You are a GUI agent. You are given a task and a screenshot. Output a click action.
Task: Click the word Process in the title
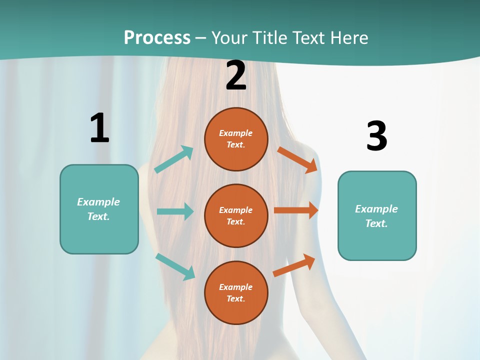pyautogui.click(x=157, y=37)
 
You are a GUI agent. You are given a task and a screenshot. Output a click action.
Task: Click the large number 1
pyautogui.click(x=99, y=128)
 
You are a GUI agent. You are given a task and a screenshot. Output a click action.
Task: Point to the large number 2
pyautogui.click(x=236, y=75)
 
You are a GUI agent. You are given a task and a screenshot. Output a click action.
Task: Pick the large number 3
pyautogui.click(x=376, y=136)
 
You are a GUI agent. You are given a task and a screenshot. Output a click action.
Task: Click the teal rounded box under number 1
pyautogui.click(x=99, y=209)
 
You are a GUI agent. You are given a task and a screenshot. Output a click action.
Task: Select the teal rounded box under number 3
pyautogui.click(x=377, y=216)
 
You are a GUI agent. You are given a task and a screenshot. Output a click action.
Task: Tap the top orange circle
pyautogui.click(x=236, y=139)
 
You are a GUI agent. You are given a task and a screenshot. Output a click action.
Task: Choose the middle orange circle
pyautogui.click(x=236, y=216)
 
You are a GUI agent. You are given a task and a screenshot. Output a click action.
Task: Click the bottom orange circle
pyautogui.click(x=236, y=292)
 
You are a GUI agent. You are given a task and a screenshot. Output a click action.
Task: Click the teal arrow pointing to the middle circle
pyautogui.click(x=175, y=211)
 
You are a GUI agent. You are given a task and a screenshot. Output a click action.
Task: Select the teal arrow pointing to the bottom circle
pyautogui.click(x=175, y=266)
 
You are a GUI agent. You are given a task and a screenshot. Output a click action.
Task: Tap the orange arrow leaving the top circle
pyautogui.click(x=297, y=159)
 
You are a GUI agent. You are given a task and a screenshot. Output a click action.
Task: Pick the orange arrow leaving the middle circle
pyautogui.click(x=296, y=210)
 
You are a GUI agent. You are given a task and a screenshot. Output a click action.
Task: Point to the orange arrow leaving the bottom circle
pyautogui.click(x=294, y=265)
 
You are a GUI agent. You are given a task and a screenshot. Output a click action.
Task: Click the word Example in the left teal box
pyautogui.click(x=98, y=202)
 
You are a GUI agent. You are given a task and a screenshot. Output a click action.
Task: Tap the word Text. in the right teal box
pyautogui.click(x=376, y=223)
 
